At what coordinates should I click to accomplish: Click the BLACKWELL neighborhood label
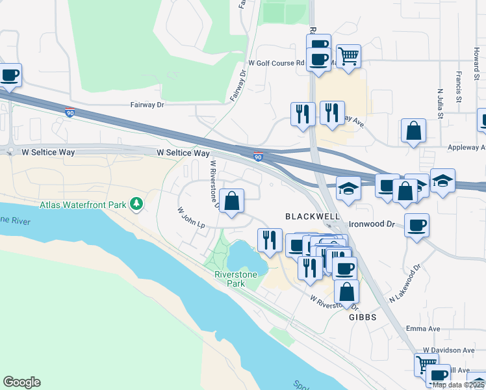pos(312,215)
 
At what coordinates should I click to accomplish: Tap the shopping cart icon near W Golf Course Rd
pos(349,57)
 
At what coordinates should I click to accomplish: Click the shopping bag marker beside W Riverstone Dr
pos(231,201)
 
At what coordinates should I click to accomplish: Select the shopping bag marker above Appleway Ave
pos(413,131)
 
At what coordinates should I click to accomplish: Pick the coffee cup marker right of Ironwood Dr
pos(416,226)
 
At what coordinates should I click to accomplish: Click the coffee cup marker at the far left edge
pos(10,75)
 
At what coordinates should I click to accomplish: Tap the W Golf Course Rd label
pos(276,63)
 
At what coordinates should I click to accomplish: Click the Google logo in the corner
pos(21,382)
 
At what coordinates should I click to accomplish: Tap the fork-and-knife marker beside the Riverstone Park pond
pos(269,240)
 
